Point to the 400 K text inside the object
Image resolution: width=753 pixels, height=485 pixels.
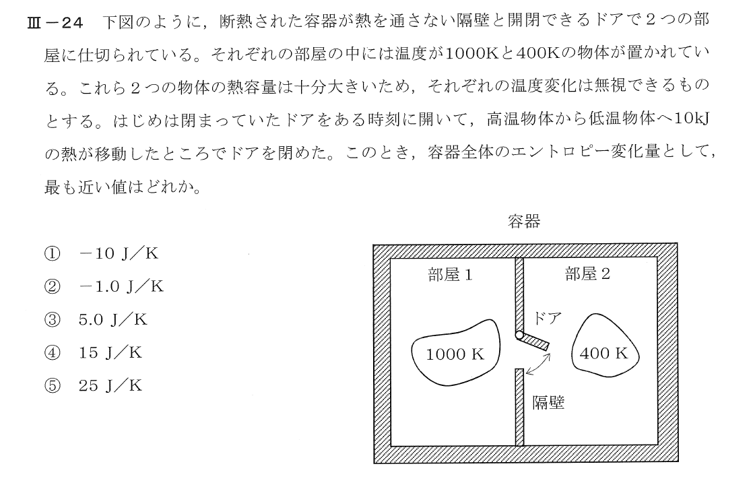pyautogui.click(x=603, y=354)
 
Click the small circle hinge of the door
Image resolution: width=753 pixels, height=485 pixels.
pyautogui.click(x=519, y=335)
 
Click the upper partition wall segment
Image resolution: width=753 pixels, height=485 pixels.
pyautogui.click(x=519, y=293)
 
